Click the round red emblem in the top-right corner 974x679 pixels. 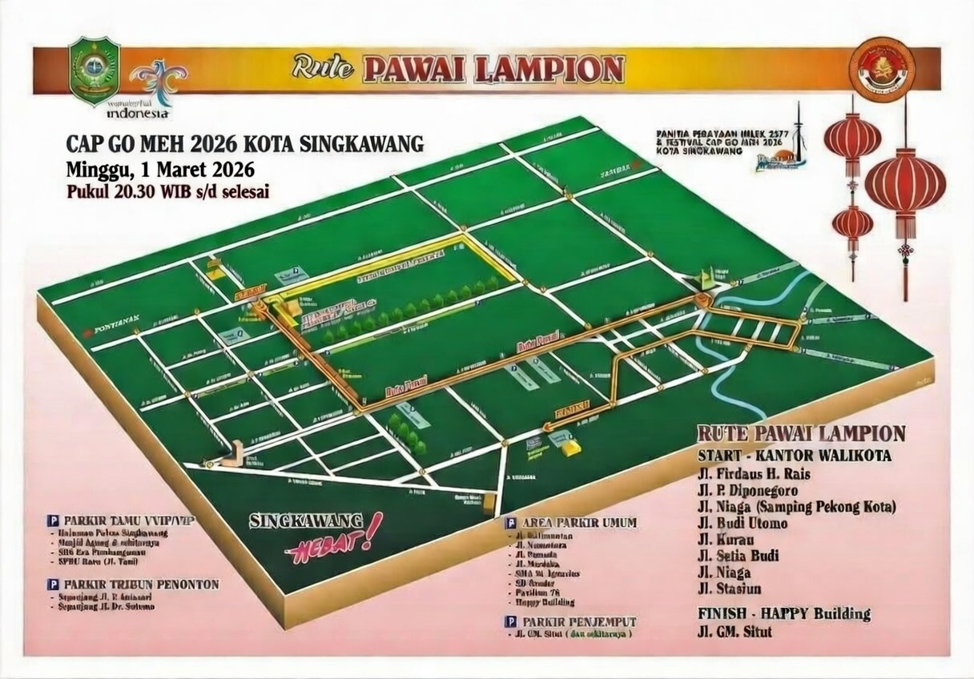pos(881,69)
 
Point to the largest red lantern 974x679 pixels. pos(905,186)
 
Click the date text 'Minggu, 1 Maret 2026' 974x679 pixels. pos(160,170)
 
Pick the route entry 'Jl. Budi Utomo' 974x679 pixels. pos(742,524)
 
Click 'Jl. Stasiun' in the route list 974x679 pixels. pos(729,589)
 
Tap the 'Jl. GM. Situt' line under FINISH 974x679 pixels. pos(735,632)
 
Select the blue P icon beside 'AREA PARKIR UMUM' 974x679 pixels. pos(509,523)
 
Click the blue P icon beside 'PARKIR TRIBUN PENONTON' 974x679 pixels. pos(54,585)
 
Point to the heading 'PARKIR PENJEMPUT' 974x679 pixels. pos(579,621)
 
